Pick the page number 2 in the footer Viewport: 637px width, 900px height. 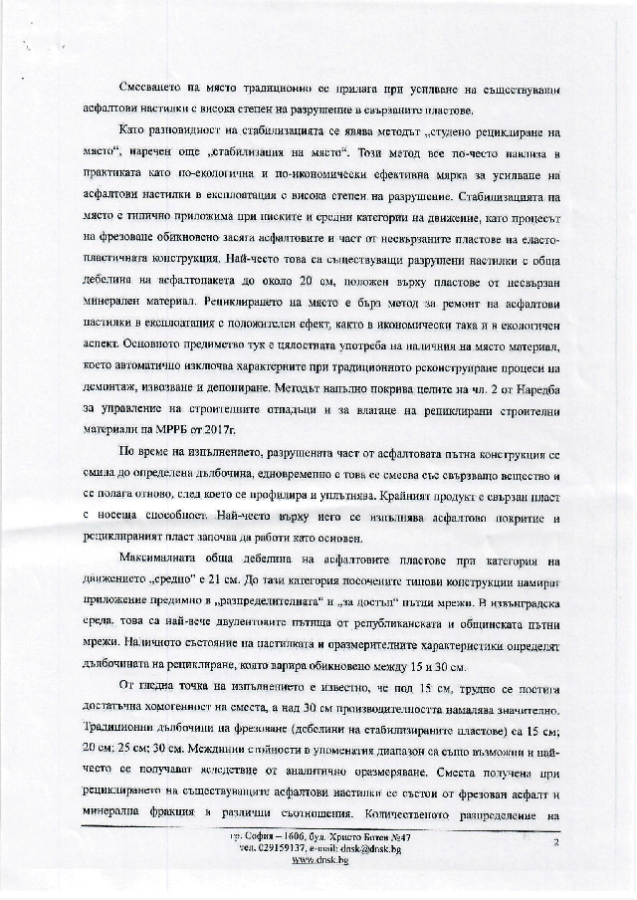tap(557, 842)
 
